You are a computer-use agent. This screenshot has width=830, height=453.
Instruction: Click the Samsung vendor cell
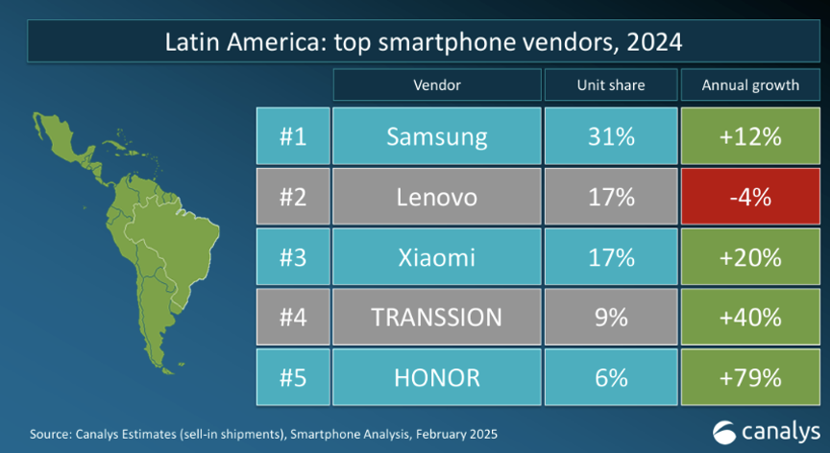(x=436, y=136)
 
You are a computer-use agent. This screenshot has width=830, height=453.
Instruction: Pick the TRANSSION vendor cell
(x=436, y=317)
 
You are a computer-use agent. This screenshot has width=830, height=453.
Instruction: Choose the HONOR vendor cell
(x=436, y=377)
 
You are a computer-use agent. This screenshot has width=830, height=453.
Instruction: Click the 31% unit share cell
(x=610, y=136)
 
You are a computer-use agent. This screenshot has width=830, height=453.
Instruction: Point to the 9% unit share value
(x=610, y=317)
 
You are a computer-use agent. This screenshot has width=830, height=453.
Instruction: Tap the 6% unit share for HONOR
(x=610, y=377)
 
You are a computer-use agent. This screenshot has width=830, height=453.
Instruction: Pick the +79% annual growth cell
(x=750, y=377)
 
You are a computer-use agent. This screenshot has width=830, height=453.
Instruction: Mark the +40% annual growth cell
(x=750, y=317)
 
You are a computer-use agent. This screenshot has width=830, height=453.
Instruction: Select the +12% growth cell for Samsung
(x=750, y=136)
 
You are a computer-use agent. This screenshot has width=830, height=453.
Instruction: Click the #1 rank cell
(x=293, y=136)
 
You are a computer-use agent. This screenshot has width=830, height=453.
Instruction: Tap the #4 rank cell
(x=293, y=317)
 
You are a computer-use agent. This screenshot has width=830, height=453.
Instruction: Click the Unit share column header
(x=610, y=85)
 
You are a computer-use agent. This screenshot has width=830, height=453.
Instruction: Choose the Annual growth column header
(x=750, y=85)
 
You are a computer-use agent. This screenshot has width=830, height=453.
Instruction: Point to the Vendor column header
(x=436, y=85)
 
